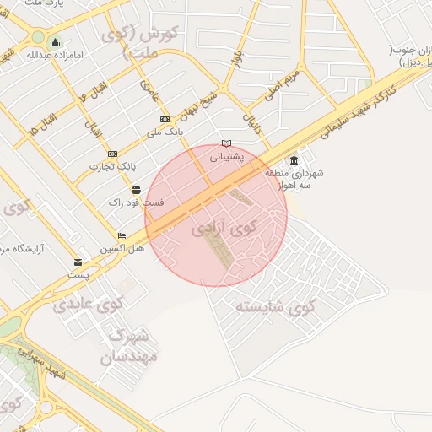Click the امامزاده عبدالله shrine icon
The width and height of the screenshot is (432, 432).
pos(56,43)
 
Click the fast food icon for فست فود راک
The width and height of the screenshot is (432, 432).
pos(136,191)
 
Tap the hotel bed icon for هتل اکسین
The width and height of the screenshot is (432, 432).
pos(121,236)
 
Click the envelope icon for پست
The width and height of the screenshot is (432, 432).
pos(78,262)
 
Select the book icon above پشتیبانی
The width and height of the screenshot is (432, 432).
pos(225,144)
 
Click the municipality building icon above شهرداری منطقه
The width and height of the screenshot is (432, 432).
pos(294,160)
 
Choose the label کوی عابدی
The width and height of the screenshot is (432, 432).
pos(89,303)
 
